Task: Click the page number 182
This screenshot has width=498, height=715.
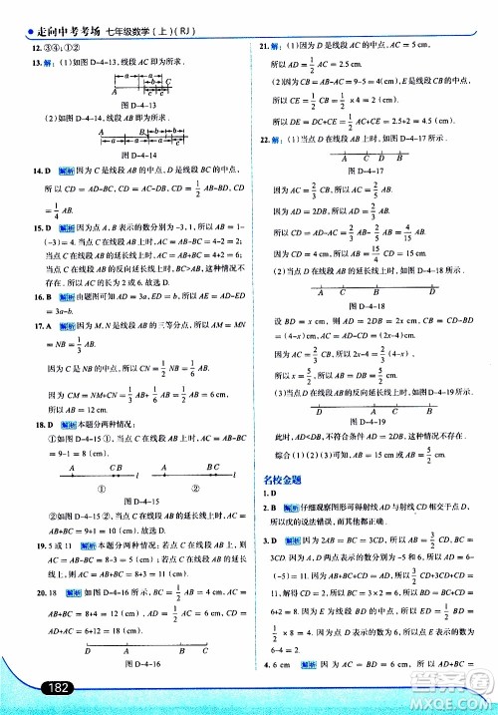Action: pos(31,687)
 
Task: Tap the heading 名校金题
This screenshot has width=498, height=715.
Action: pos(282,478)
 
